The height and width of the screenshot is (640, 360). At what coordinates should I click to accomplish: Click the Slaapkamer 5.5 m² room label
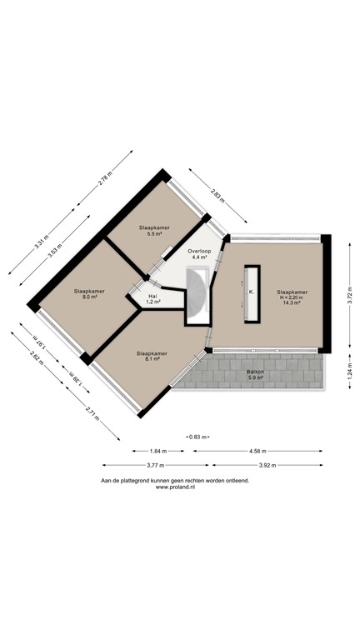[x=154, y=231]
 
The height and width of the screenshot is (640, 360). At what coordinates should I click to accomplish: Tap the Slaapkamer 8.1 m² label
[x=152, y=356]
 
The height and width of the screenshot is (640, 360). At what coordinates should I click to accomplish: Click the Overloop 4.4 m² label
[x=199, y=253]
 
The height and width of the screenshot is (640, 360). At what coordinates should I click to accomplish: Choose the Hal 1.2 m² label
[x=153, y=298]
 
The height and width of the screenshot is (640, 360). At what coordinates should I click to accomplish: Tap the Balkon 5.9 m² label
[x=255, y=375]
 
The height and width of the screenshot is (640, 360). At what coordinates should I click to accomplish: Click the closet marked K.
[x=251, y=292]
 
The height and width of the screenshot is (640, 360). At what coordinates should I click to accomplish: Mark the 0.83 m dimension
[x=198, y=436]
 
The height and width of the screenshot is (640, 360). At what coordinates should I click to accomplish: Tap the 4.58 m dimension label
[x=258, y=451]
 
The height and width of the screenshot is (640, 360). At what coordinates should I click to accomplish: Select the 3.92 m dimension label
[x=267, y=465]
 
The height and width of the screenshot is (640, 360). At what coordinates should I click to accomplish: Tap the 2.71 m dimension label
[x=91, y=412]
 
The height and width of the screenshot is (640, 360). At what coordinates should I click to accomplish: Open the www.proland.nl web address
[x=175, y=487]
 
